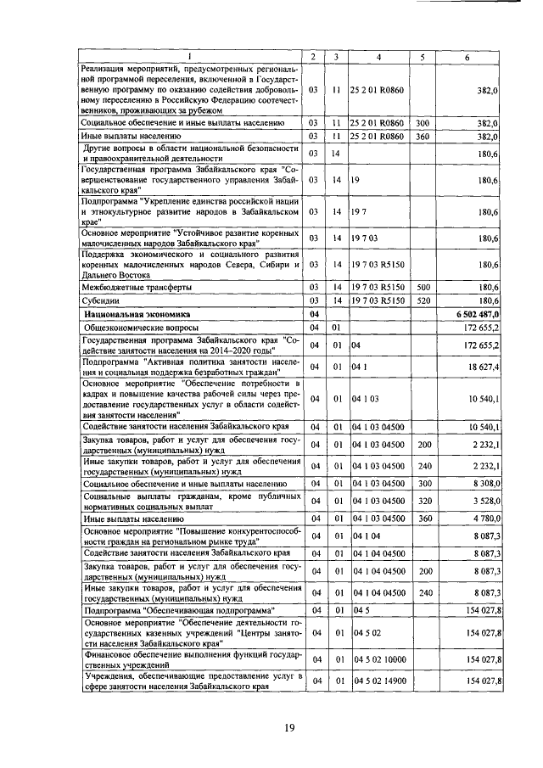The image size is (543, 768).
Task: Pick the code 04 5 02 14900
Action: click(x=379, y=681)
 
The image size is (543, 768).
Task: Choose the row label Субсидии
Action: click(x=98, y=300)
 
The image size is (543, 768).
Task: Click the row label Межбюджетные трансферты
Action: click(x=127, y=288)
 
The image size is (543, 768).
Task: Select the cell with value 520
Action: click(x=424, y=300)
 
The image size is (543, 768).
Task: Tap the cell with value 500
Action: click(x=424, y=288)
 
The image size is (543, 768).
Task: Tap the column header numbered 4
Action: click(x=379, y=57)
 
